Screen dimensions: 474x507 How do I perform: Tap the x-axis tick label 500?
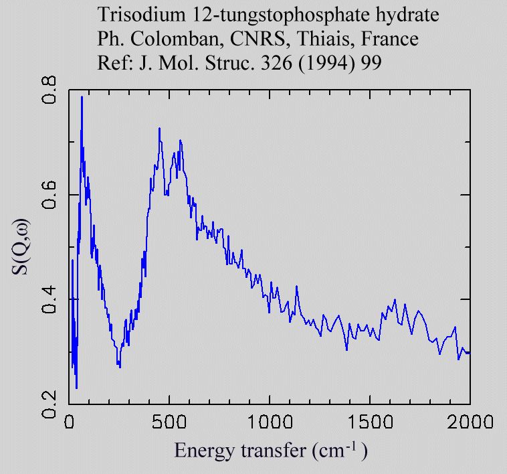pos(170,422)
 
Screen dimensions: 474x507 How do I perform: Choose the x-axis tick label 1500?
pos(369,422)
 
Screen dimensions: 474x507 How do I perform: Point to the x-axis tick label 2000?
pos(469,422)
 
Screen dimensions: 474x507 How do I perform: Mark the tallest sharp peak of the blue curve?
pos(82,98)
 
